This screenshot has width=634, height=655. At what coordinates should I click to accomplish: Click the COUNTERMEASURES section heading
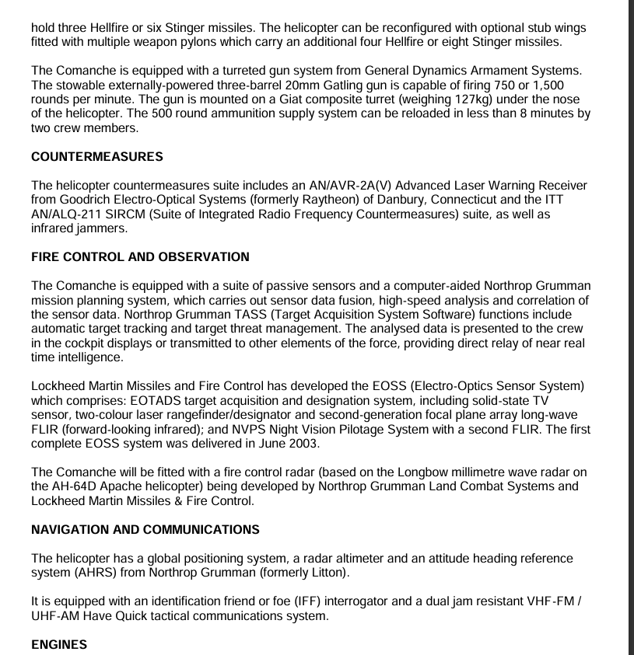[x=97, y=157]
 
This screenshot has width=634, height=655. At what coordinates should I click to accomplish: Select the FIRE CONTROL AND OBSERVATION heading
[x=140, y=257]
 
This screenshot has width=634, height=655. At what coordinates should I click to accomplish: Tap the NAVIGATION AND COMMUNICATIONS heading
[x=145, y=530]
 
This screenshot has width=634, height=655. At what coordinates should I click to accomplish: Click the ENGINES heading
[x=59, y=645]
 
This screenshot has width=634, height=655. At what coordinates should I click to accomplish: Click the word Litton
[x=325, y=573]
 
